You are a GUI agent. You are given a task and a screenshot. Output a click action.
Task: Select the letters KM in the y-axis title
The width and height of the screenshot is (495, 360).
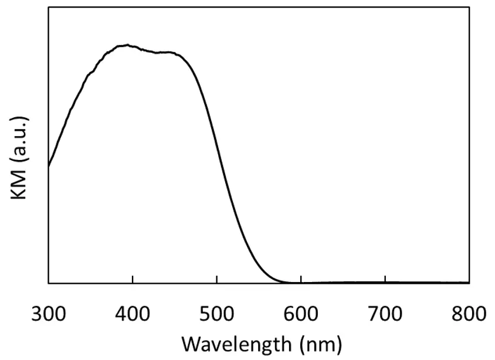[x=20, y=186]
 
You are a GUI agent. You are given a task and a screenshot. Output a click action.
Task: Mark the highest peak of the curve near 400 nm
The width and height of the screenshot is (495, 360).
[x=127, y=45]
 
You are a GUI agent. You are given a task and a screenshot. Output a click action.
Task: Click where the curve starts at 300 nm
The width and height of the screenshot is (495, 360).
[x=49, y=166]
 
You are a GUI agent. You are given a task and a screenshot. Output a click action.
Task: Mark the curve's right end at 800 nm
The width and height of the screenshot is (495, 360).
[x=469, y=282]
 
